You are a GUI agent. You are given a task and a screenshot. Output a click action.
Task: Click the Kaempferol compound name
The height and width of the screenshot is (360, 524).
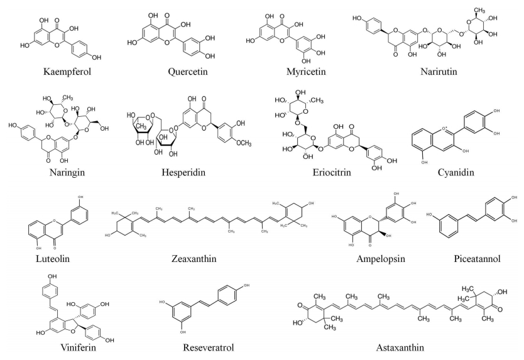tap(65, 72)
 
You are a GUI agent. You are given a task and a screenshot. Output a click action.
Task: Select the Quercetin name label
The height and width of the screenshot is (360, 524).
tap(167, 72)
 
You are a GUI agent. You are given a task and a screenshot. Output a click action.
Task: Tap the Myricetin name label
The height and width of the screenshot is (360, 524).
tap(277, 72)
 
